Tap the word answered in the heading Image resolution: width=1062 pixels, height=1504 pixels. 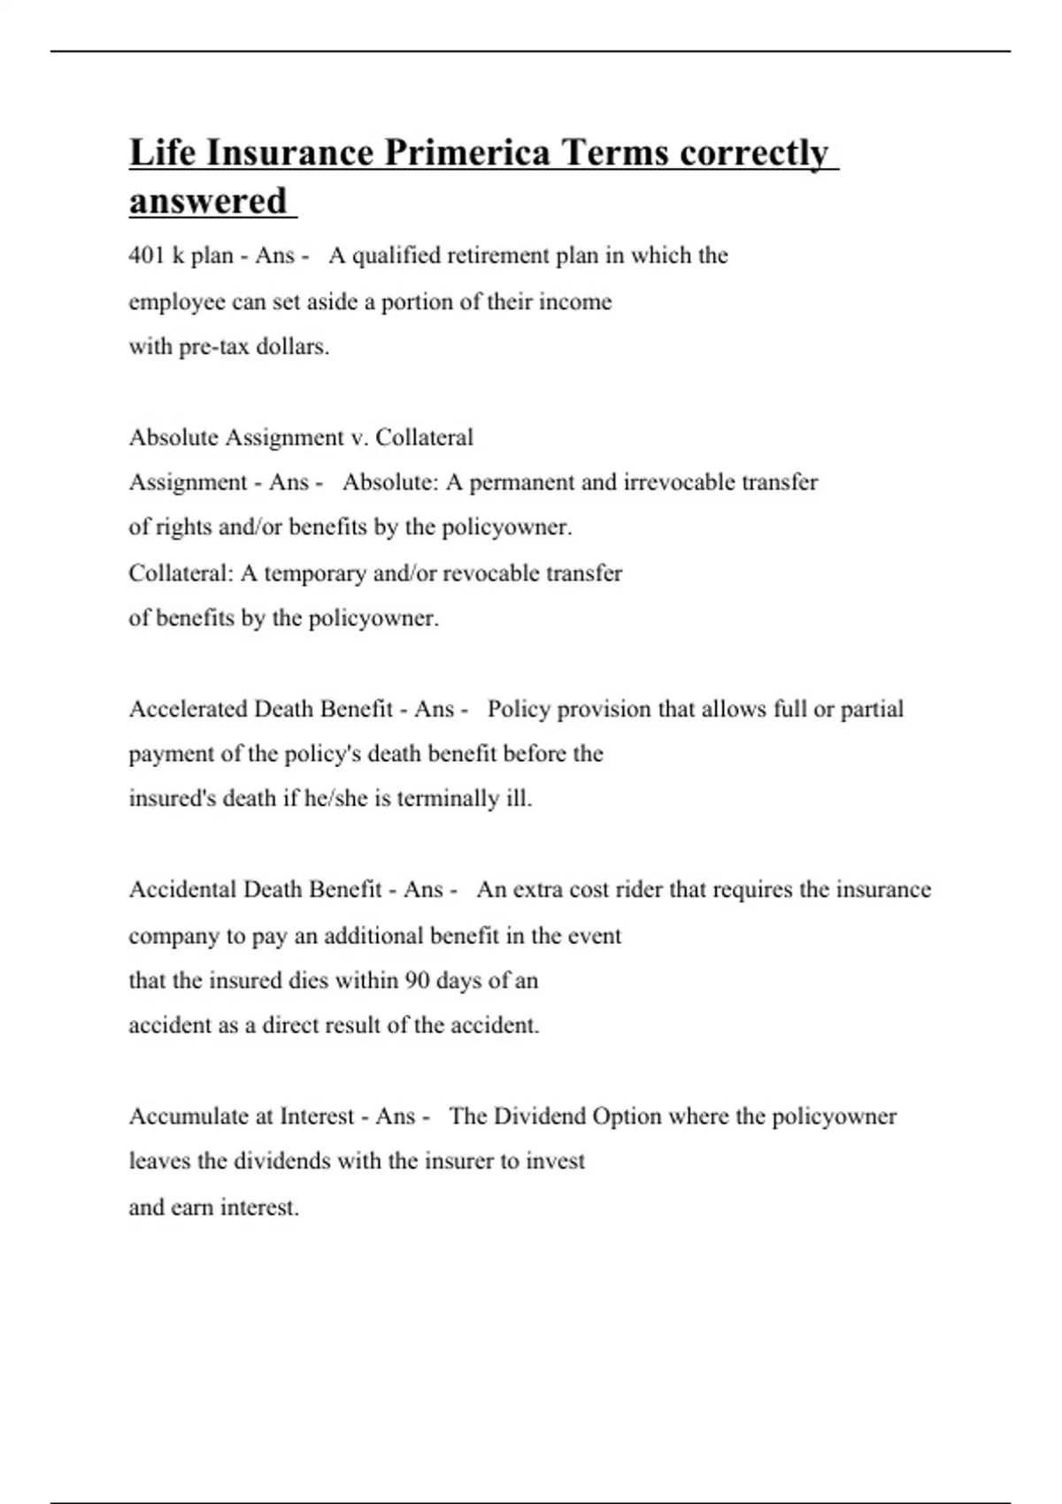tap(208, 201)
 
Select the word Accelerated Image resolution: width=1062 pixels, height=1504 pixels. tap(189, 709)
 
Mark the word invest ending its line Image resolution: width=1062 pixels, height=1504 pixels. tap(556, 1162)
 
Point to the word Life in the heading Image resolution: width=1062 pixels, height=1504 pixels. tap(162, 153)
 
